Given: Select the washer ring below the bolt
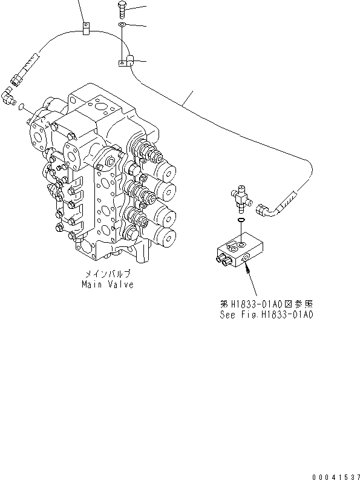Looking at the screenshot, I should point(122,25).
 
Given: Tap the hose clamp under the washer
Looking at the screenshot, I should point(125,61).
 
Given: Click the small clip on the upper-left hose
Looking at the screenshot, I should point(85,27).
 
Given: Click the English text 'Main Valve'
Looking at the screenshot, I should point(108,284).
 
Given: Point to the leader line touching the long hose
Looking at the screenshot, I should point(189,96).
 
